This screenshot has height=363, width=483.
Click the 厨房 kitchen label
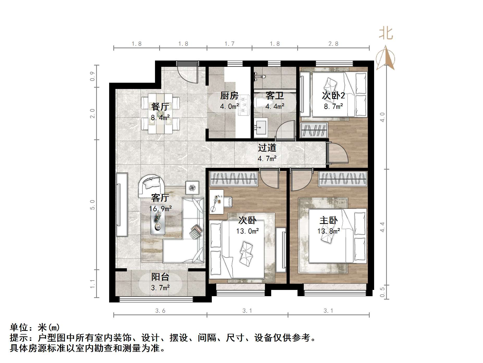[229, 96]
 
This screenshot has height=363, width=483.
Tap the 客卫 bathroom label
[274, 96]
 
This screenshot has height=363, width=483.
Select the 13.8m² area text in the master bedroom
[329, 231]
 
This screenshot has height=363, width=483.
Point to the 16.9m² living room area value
[160, 209]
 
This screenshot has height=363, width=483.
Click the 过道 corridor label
[267, 148]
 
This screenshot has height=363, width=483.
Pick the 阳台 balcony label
[160, 277]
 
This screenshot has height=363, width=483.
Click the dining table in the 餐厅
[160, 114]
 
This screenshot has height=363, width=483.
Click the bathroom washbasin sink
[261, 127]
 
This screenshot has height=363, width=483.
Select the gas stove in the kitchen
[244, 105]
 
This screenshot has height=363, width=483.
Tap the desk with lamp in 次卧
[216, 202]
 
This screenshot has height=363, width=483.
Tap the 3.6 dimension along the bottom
[160, 311]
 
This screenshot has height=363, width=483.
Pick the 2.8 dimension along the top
[333, 44]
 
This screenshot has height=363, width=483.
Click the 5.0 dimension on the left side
[92, 205]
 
